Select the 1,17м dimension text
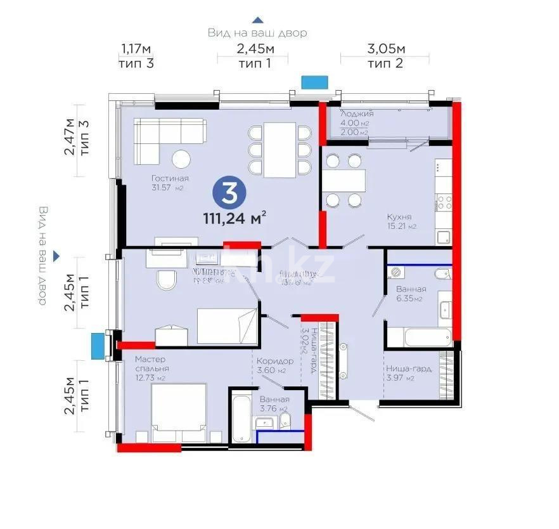pyautogui.click(x=136, y=49)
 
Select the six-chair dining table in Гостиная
pyautogui.click(x=279, y=150)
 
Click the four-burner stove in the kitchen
pyautogui.click(x=443, y=203)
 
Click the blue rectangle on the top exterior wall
pyautogui.click(x=314, y=82)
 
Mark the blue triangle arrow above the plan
pyautogui.click(x=257, y=20)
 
